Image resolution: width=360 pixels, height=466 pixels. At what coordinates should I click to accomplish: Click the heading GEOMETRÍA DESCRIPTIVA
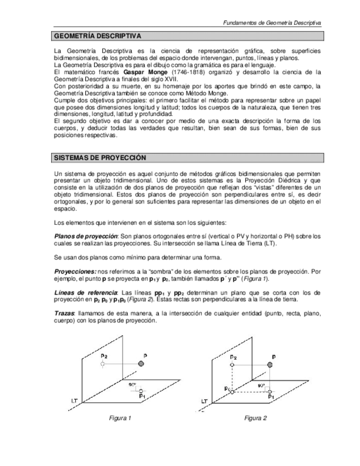coord(97,36)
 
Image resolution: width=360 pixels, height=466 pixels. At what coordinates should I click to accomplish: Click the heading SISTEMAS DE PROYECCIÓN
coord(99,158)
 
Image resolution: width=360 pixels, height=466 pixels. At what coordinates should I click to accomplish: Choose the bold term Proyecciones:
coord(75,271)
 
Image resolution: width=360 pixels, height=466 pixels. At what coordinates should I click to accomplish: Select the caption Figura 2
coord(256,418)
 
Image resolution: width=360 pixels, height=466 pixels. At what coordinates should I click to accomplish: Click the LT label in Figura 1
coord(74,401)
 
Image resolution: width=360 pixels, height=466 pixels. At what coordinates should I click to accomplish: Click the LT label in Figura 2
coord(204,402)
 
